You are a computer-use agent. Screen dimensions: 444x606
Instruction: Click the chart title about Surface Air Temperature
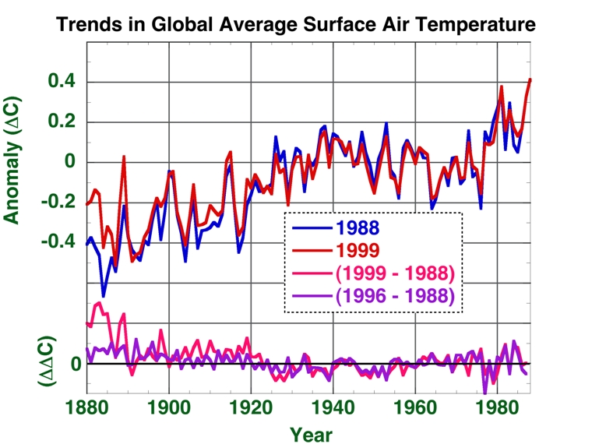pos(295,25)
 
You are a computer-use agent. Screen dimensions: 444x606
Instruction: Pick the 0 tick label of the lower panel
pos(76,365)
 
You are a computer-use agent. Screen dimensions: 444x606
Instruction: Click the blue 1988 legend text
pos(359,228)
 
